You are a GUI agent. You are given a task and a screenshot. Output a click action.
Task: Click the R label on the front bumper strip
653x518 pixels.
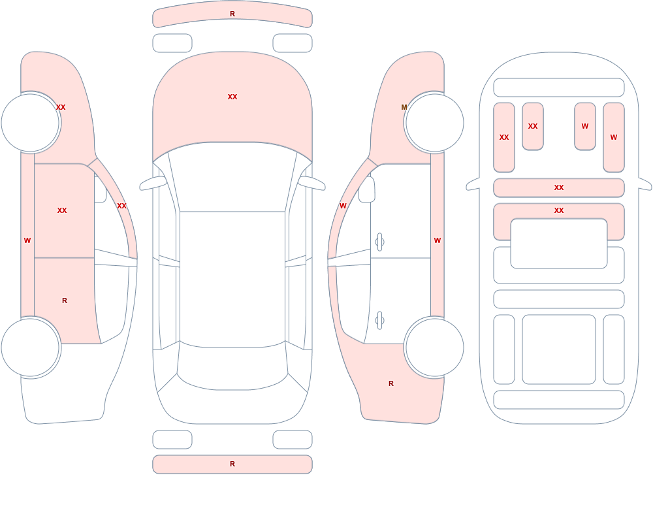point(232,14)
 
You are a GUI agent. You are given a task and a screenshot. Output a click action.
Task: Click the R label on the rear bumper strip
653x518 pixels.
point(232,464)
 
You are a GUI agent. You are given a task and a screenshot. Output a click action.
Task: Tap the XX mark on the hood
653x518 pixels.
point(232,97)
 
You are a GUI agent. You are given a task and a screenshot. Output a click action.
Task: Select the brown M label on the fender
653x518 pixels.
point(404,107)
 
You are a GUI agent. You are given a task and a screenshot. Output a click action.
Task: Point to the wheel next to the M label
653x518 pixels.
point(434,123)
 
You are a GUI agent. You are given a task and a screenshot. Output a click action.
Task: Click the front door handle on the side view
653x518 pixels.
point(379,242)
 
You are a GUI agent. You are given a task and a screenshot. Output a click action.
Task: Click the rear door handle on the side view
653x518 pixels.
point(379,321)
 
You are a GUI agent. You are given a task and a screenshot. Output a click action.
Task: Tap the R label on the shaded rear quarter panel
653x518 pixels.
point(391,383)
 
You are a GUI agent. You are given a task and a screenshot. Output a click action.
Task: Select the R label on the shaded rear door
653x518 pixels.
point(65,300)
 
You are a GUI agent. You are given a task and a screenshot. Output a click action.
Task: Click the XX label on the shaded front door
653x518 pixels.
point(62,210)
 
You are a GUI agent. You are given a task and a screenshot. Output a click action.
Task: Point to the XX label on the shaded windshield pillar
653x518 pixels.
point(121,206)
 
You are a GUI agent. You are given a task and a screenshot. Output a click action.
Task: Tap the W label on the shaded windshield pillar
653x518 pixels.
point(343,206)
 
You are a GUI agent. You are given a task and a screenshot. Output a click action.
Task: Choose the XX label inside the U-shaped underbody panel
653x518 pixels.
point(559,210)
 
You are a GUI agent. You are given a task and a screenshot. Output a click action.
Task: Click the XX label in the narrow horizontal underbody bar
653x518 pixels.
point(559,187)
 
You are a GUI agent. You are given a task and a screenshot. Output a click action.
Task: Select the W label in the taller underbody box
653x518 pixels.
point(613,137)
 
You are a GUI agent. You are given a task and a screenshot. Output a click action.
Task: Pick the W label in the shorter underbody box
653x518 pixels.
point(584,126)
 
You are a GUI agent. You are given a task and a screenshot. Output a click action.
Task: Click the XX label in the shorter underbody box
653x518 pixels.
point(533,126)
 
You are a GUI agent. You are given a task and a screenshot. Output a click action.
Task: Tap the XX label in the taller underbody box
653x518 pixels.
point(504,137)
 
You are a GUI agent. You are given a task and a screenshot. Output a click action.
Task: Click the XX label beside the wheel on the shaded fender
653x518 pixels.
point(61,107)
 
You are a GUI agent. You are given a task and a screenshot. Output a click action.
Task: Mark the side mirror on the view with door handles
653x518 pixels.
point(366,189)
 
